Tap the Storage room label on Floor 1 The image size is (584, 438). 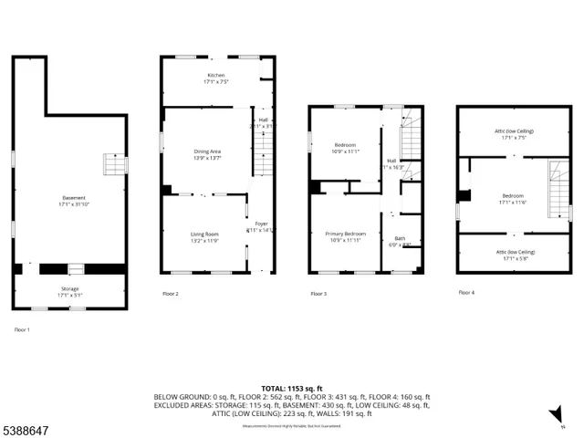[x=69, y=291]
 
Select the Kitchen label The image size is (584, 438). [x=215, y=77]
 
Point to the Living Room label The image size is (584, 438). [x=204, y=236]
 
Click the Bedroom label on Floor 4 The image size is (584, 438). [x=512, y=198]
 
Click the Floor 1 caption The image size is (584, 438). [x=22, y=328]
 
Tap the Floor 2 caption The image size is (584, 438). [x=171, y=294]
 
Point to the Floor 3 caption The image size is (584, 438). [x=318, y=294]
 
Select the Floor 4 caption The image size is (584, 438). [x=466, y=293]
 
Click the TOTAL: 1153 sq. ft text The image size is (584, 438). [x=292, y=388]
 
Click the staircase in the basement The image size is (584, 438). [x=113, y=165]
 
